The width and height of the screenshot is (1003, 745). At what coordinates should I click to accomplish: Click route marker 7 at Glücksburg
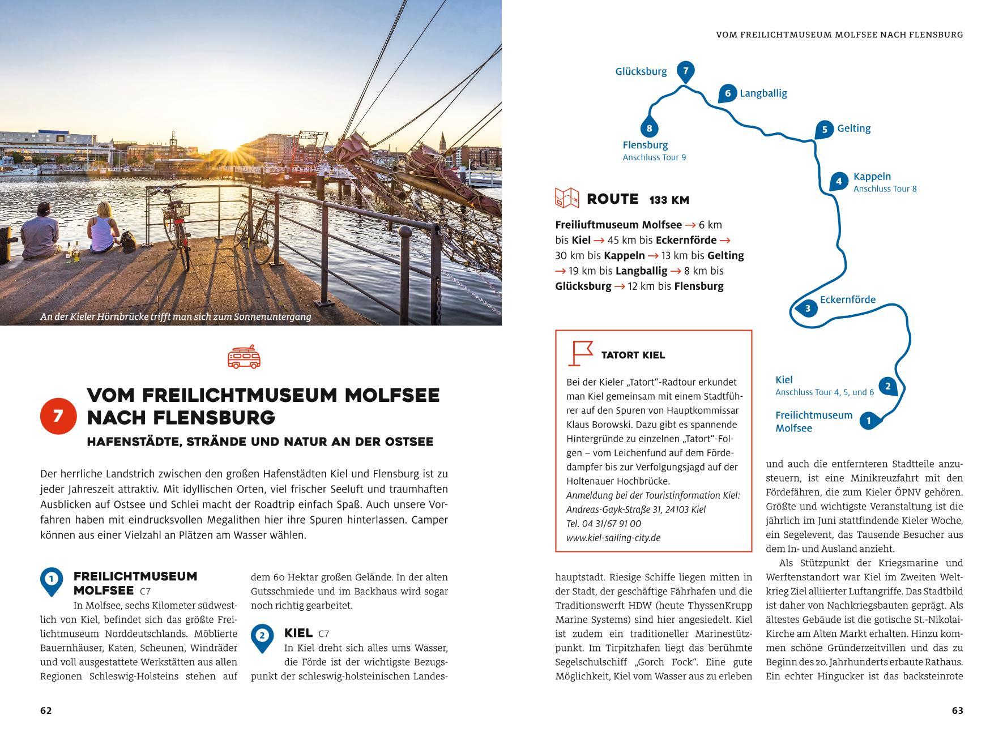685,71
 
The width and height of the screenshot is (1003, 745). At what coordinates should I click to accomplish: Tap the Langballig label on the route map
763,93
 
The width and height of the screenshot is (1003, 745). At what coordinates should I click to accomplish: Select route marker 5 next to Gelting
825,129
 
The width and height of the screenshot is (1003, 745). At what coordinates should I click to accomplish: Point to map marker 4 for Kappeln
839,181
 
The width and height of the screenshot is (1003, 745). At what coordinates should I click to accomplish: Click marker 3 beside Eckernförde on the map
807,309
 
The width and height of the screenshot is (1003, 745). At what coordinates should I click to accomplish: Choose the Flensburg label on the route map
645,145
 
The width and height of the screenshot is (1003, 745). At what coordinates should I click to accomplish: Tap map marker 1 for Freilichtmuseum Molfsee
869,421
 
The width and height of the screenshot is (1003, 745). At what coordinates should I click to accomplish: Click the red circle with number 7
58,417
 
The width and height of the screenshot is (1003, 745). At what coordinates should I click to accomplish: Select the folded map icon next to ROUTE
566,199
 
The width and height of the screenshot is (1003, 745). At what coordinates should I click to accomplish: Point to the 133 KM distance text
669,200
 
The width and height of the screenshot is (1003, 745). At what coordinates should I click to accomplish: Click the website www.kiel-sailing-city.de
613,538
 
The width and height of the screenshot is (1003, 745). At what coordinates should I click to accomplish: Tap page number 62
46,710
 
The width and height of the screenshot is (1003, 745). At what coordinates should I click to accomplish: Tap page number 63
957,710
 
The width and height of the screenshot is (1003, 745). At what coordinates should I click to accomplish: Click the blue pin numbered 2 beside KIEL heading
262,636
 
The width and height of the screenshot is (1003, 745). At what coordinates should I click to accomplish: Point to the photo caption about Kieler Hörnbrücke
176,317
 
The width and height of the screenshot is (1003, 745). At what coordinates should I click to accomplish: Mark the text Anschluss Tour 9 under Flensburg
654,157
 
